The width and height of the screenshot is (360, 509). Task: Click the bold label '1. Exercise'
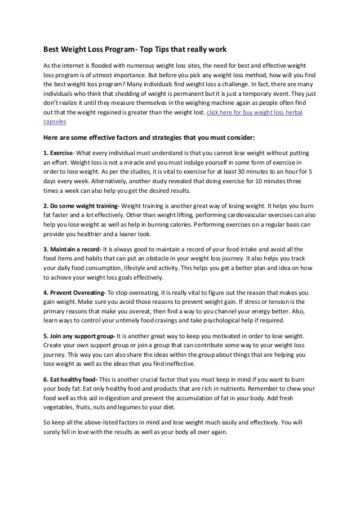(59, 153)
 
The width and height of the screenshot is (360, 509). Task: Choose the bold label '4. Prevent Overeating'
(74, 293)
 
